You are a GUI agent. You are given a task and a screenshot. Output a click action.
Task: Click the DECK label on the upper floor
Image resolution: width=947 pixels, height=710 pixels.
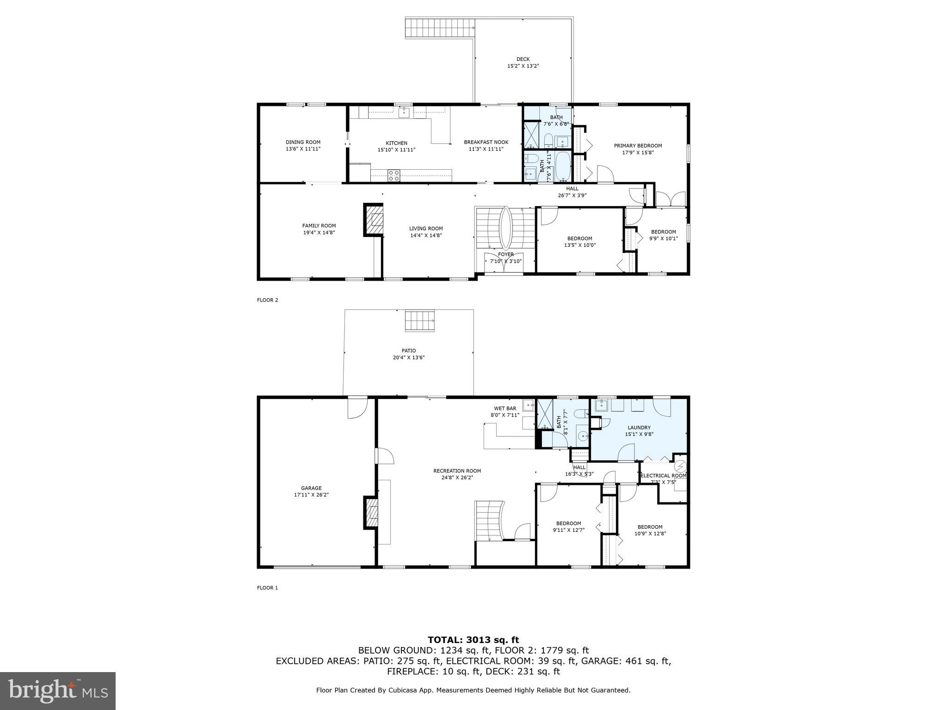523,59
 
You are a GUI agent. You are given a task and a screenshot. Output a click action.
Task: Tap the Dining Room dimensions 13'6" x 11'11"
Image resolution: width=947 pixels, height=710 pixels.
303,149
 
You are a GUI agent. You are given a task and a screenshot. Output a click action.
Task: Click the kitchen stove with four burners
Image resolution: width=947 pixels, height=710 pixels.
394,176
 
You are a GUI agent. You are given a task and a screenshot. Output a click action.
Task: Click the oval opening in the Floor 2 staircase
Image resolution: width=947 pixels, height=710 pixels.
505,227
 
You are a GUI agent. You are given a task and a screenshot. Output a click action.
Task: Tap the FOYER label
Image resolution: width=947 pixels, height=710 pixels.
505,254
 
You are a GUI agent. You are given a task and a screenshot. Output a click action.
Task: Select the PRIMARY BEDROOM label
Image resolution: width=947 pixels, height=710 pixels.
638,146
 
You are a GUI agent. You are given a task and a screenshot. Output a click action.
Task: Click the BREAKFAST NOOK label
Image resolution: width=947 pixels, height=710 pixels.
486,142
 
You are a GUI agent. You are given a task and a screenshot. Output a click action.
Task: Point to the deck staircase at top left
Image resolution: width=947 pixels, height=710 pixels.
440,28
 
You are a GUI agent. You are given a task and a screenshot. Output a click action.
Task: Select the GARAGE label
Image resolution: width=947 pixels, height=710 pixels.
311,488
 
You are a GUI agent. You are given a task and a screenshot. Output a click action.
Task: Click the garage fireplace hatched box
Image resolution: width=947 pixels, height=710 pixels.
372,512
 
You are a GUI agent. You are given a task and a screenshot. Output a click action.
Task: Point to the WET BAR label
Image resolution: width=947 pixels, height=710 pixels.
505,408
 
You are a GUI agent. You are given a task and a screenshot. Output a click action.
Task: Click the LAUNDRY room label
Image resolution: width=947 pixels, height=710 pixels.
639,428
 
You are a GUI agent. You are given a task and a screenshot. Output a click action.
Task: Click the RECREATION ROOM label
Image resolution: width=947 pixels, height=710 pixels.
457,471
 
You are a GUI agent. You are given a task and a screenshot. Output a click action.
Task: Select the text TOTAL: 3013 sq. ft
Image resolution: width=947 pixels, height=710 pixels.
473,640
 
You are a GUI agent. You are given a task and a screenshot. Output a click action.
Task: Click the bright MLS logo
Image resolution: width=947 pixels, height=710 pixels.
58,691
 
